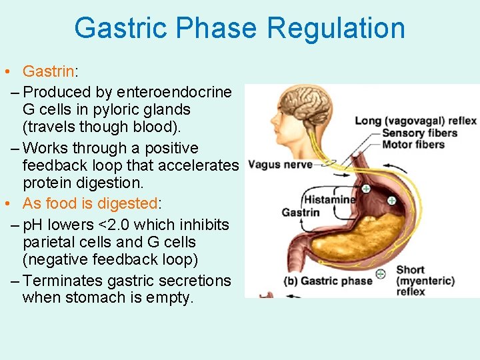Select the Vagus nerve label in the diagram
279,165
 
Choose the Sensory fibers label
419,133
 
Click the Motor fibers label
413,144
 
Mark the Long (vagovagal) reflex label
415,121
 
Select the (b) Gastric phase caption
327,281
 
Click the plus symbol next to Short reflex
380,273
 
